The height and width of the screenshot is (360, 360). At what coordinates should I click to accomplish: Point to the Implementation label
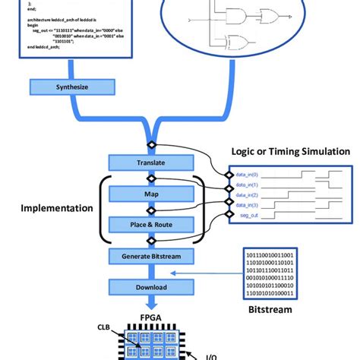(57, 208)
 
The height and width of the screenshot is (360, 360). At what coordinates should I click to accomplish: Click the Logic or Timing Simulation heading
(290, 152)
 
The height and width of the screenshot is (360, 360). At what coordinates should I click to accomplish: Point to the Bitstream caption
(271, 311)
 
